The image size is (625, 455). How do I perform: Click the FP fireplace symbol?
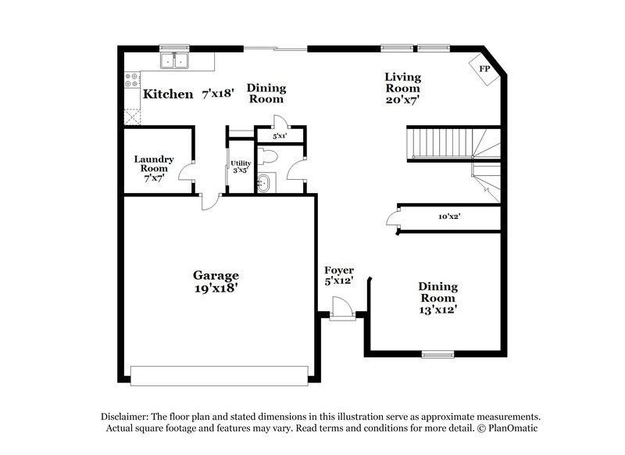[484, 68]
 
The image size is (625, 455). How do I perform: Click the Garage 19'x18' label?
[216, 281]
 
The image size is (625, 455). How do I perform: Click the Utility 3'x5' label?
[240, 167]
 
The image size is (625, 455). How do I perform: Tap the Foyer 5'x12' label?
[339, 275]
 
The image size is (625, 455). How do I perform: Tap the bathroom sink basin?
[266, 185]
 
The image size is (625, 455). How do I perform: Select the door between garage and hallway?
[209, 201]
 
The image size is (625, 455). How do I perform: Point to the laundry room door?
[187, 174]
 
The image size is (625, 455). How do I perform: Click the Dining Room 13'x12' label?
[437, 298]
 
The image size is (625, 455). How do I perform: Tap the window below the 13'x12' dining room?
[437, 354]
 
